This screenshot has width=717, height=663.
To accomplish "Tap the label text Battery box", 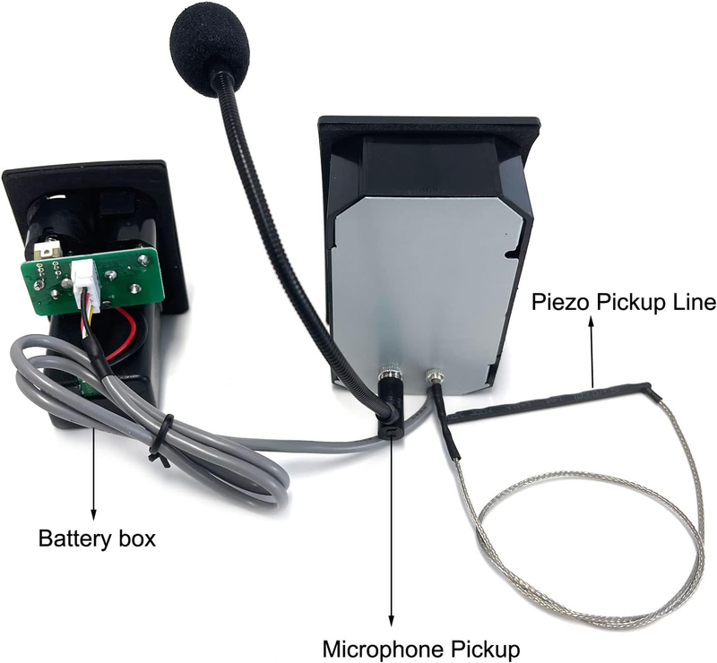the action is (97, 538).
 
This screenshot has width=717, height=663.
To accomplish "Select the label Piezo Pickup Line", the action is (624, 303).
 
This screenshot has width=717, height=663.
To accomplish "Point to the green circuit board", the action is (91, 280).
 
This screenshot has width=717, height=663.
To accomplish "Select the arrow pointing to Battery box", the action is (94, 473).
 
